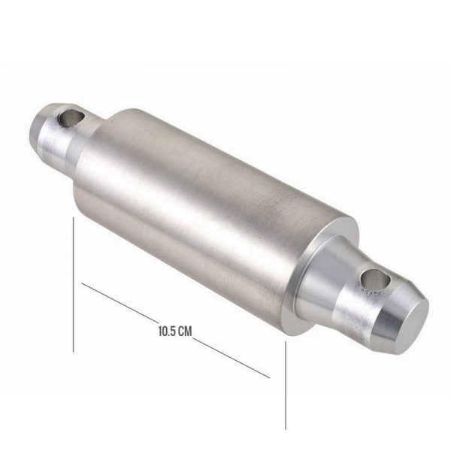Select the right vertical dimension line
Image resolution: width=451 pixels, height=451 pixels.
[286, 383]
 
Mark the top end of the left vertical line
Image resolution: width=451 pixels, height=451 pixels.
[73, 219]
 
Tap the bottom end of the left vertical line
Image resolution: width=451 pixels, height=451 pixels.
[73, 351]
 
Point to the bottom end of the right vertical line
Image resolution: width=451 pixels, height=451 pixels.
[286, 429]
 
